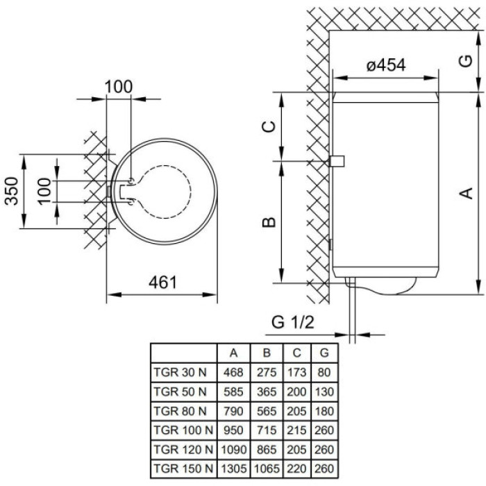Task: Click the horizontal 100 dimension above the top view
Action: pos(118,87)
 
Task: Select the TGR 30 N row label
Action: pos(179,372)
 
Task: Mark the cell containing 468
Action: pos(233,372)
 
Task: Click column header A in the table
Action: pos(233,353)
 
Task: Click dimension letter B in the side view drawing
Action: pos(271,222)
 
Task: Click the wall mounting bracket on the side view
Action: pos(338,161)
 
